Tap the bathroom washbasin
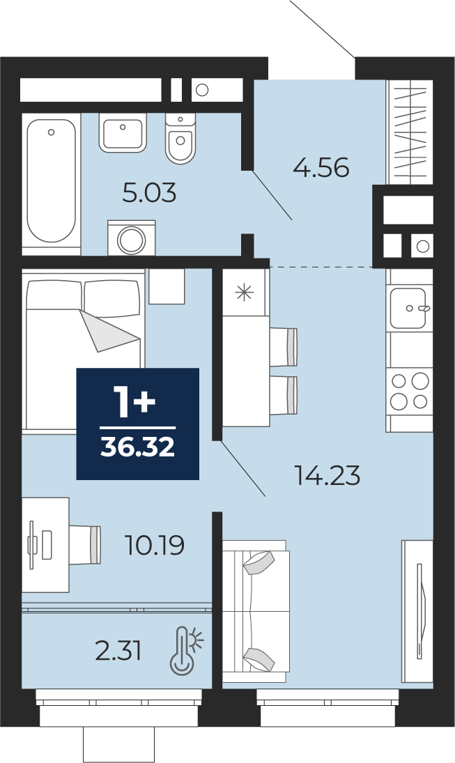pyautogui.click(x=123, y=133)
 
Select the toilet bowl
pyautogui.click(x=180, y=138)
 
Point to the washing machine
pyautogui.click(x=132, y=238)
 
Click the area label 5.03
pyautogui.click(x=149, y=194)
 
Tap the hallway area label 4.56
pyautogui.click(x=321, y=169)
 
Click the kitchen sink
pyautogui.click(x=409, y=307)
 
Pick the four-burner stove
pyautogui.click(x=409, y=390)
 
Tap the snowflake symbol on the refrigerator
pyautogui.click(x=244, y=292)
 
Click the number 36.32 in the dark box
pyautogui.click(x=138, y=447)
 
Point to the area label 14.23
pyautogui.click(x=327, y=475)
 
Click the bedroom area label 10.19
pyautogui.click(x=155, y=545)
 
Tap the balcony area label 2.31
pyautogui.click(x=118, y=651)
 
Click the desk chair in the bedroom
pyautogui.click(x=85, y=545)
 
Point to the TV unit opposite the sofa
pyautogui.click(x=417, y=611)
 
